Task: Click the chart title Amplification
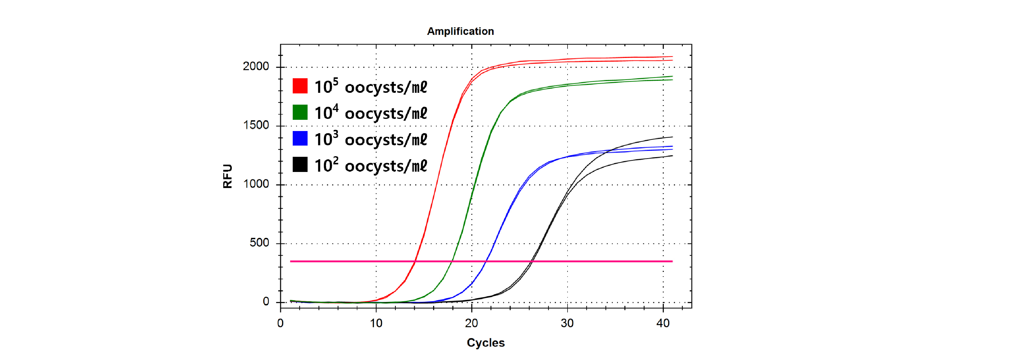460,32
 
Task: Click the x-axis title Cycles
486,343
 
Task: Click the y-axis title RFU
227,176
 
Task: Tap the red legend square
300,86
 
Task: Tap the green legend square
300,112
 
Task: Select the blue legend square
300,139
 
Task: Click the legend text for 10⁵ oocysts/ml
370,87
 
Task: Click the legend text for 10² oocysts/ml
370,166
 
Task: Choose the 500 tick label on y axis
259,243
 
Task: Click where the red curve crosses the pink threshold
415,261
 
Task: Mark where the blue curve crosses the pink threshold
487,261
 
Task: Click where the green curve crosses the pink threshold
452,261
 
